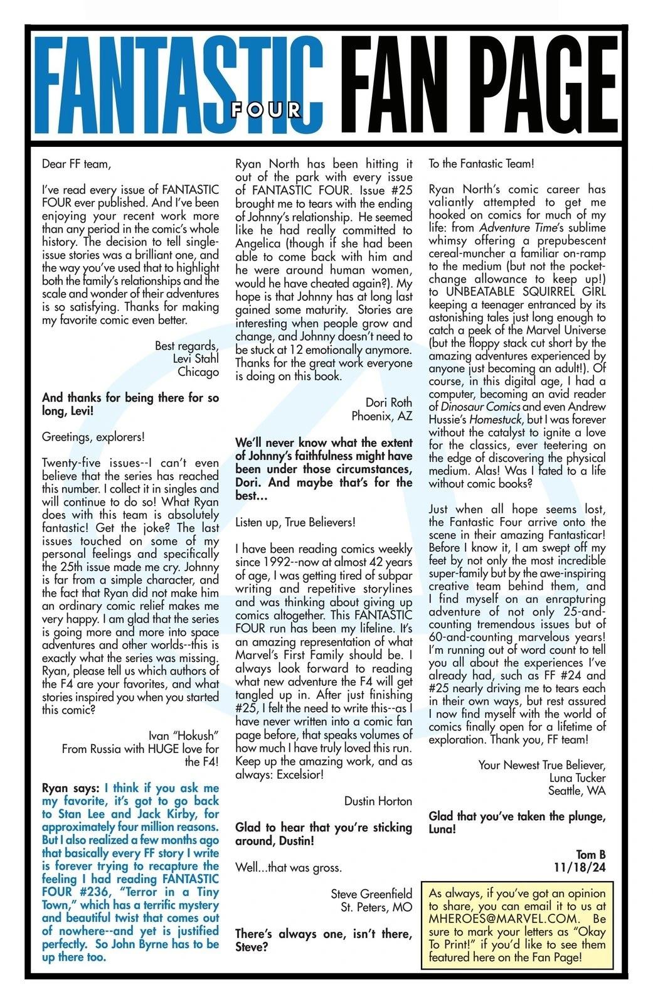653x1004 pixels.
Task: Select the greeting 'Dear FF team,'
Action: pos(76,164)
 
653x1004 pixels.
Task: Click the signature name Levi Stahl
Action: pos(196,358)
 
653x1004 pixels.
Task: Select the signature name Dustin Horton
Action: pos(378,801)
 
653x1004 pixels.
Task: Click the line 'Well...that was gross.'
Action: pos(289,868)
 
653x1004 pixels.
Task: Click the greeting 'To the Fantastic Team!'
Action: pos(481,164)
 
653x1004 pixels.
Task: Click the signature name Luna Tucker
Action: pos(577,777)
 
